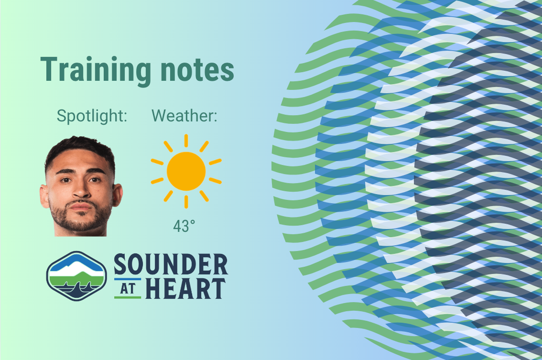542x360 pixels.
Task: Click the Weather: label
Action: point(184,116)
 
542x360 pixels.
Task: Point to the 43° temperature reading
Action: point(184,226)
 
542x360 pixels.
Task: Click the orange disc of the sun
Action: point(186,171)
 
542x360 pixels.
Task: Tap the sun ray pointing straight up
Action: point(186,141)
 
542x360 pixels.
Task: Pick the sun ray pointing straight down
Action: point(186,202)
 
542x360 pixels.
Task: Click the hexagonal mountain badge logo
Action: point(76,276)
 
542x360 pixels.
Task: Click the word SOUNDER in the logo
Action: point(170,264)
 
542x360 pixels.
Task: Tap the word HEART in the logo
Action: point(185,288)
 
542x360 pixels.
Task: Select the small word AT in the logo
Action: point(127,288)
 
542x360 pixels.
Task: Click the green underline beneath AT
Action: point(127,297)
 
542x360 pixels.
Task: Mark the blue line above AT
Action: point(127,279)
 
